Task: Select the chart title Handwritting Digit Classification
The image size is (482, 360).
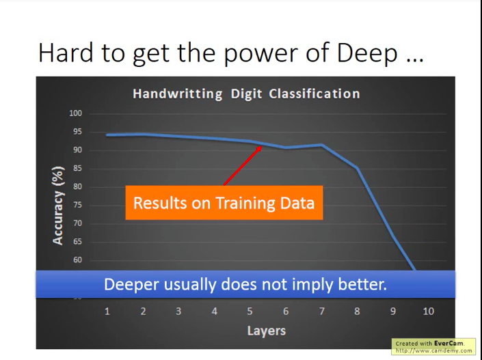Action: [x=245, y=94]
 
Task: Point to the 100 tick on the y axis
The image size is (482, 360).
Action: [x=75, y=113]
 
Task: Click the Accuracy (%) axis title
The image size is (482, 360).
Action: [x=59, y=204]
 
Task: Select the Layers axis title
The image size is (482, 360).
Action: [x=267, y=331]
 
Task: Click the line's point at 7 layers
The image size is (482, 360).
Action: [x=321, y=145]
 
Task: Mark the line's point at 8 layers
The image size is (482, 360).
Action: [x=357, y=167]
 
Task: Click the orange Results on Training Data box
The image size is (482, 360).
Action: [x=224, y=203]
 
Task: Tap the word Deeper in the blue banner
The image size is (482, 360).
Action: [x=129, y=283]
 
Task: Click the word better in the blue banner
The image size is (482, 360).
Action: [x=362, y=283]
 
